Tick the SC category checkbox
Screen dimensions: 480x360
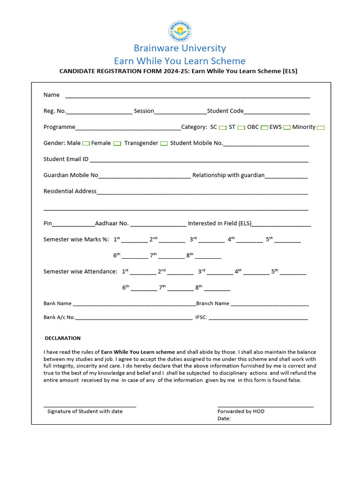click(223, 127)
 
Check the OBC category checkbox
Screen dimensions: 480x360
click(264, 127)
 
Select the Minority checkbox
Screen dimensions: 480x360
click(321, 127)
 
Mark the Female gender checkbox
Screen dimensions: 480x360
click(117, 143)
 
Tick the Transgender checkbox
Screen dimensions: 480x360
click(164, 143)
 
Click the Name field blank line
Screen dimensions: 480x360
click(187, 96)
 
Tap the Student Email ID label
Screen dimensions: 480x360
click(66, 159)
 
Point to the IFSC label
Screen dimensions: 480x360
click(201, 317)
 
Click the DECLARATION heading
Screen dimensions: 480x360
click(63, 338)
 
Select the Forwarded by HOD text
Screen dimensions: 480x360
click(241, 411)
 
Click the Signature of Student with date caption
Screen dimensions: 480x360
click(85, 411)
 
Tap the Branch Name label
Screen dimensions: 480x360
click(213, 303)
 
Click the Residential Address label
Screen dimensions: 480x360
click(70, 191)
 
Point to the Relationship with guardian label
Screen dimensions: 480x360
click(228, 175)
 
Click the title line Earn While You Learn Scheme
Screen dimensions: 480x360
click(180, 61)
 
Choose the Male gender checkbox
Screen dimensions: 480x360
click(86, 143)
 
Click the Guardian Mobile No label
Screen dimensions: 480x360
click(71, 175)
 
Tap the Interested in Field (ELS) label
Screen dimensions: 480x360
click(219, 223)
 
